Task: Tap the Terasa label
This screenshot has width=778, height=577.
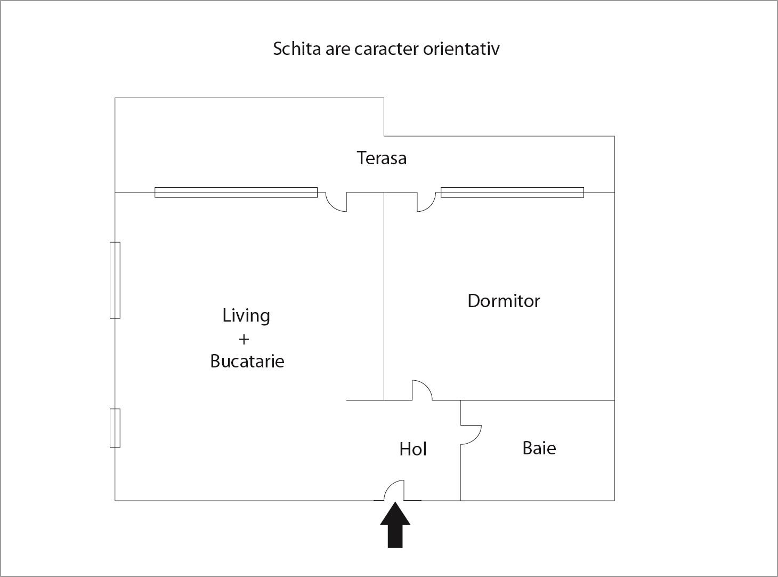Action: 382,158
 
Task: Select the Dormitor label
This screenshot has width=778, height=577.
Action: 504,301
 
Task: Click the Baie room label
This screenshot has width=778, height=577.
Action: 539,448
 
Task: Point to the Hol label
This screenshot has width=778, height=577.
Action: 413,449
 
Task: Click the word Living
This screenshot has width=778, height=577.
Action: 246,316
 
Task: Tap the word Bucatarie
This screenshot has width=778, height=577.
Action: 247,361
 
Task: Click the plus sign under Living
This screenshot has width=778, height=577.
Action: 244,339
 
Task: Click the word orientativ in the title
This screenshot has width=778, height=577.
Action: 461,49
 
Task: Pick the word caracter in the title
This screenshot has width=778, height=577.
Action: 386,49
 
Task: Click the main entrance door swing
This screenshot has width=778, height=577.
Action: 395,491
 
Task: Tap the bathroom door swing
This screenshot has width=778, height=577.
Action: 471,434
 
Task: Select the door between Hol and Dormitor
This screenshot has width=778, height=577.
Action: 422,390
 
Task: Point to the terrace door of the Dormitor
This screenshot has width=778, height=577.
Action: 426,202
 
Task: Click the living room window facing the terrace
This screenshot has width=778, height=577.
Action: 236,193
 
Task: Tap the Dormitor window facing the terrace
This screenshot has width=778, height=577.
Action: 512,193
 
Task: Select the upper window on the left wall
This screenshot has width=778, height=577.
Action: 115,280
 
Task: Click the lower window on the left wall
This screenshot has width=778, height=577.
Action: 115,428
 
